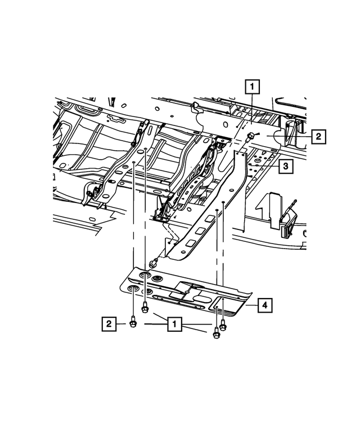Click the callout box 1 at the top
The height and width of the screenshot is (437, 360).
point(253,87)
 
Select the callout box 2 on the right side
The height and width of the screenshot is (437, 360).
point(318,136)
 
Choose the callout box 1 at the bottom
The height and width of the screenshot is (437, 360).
point(174,324)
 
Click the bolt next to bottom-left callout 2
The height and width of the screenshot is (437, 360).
point(133,322)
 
